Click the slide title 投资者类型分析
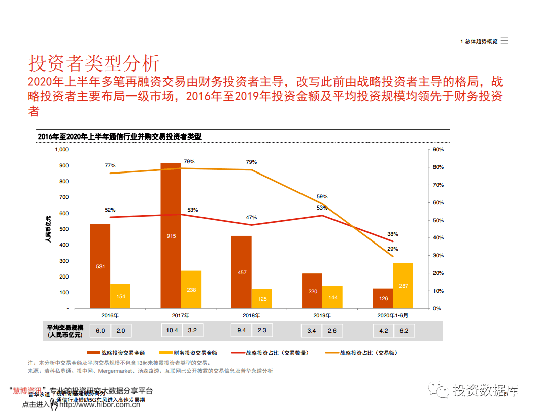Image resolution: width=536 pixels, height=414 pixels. tap(94, 63)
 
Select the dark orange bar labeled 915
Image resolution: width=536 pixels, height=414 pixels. tap(171, 236)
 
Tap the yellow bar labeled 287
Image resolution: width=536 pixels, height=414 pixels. tap(403, 286)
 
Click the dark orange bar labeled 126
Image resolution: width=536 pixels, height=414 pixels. tap(383, 298)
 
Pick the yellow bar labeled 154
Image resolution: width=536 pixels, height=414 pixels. tap(120, 296)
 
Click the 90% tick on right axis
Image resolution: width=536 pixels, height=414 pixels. tap(438, 150)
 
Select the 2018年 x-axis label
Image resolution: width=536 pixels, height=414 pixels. tap(252, 315)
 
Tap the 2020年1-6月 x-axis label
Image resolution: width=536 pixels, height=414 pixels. tap(393, 315)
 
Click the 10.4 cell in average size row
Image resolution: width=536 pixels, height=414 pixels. tap(172, 331)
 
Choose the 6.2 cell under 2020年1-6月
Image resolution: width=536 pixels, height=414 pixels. tap(404, 331)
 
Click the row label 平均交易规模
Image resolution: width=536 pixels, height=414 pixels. tap(65, 327)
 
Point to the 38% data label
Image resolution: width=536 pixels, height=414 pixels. tap(393, 234)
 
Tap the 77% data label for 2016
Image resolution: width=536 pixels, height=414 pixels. tap(110, 165)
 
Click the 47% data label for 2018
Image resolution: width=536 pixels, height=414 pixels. tap(251, 217)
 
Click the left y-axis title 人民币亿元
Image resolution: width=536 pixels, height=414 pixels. tap(48, 229)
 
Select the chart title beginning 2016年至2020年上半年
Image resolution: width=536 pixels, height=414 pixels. tap(120, 137)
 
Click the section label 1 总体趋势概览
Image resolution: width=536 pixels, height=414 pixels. tap(479, 42)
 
